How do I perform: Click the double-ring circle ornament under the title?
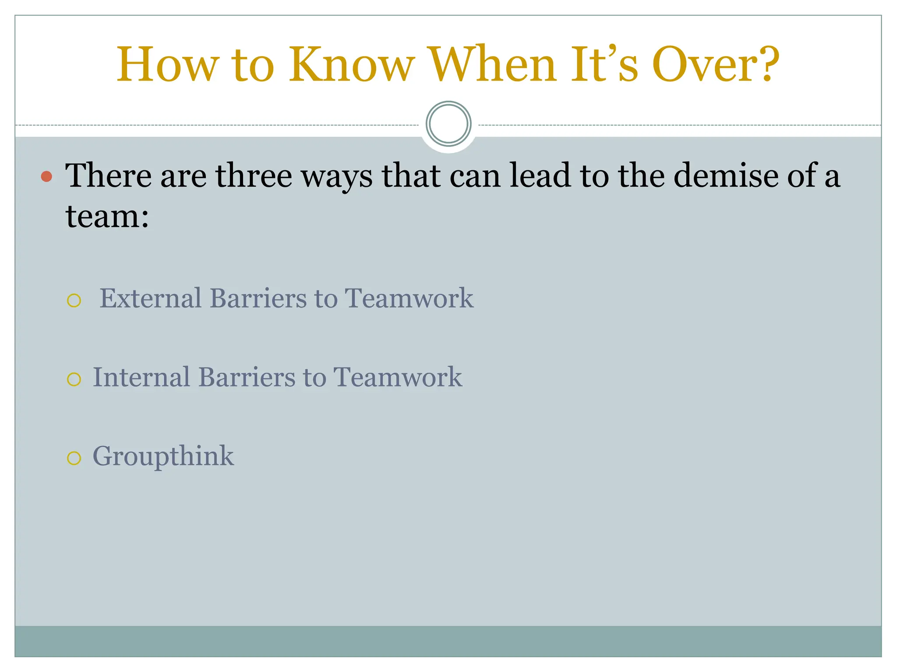click(448, 124)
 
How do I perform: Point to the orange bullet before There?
click(46, 177)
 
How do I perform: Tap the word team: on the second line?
click(107, 216)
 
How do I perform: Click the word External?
click(150, 298)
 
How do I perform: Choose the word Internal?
click(141, 377)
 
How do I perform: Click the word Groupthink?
click(163, 457)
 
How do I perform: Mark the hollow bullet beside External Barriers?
click(74, 301)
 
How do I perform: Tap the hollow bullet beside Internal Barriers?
click(74, 379)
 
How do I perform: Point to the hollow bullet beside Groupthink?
click(74, 458)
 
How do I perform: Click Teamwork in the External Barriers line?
click(409, 298)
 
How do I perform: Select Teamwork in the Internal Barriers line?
click(398, 377)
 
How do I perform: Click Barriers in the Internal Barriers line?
click(247, 377)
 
